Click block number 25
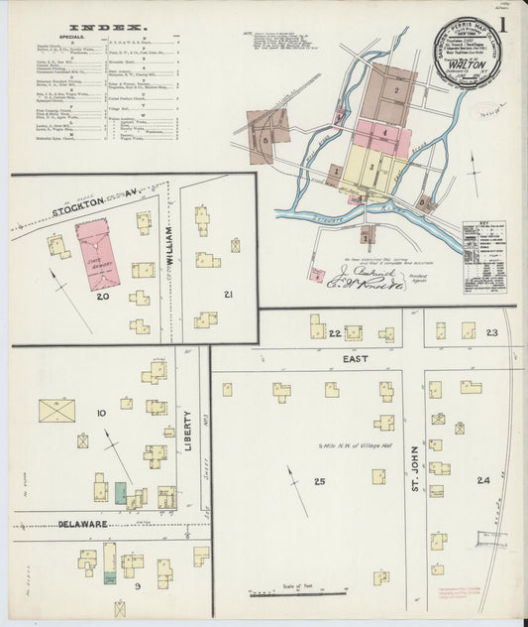point(319,482)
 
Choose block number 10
point(101,412)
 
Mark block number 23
point(491,334)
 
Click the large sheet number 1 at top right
point(505,27)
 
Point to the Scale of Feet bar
point(297,593)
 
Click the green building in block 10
point(121,491)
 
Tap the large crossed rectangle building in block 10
point(56,411)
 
